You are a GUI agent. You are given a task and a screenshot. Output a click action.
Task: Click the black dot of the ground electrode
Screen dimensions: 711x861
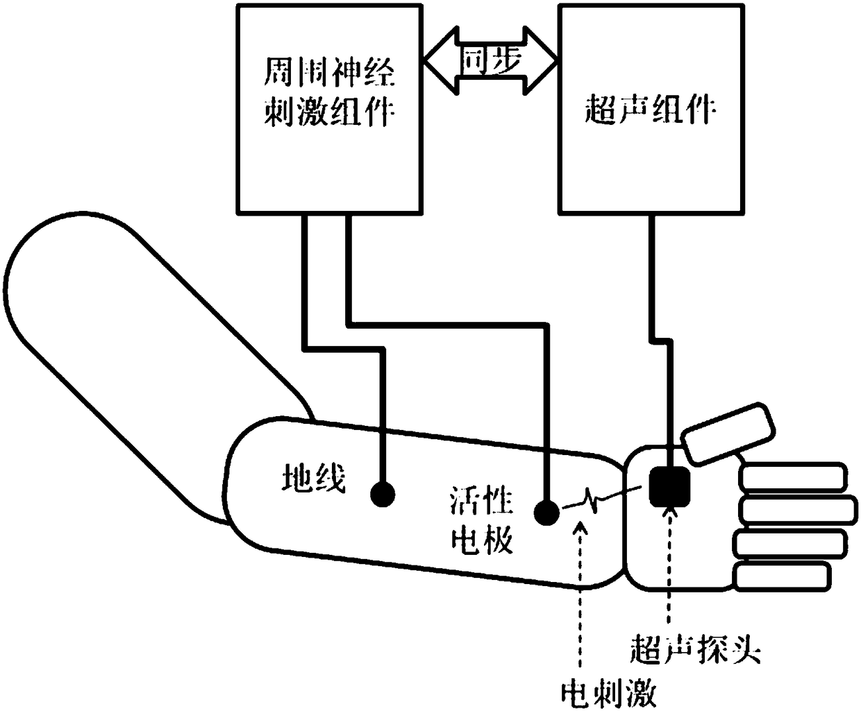(383, 494)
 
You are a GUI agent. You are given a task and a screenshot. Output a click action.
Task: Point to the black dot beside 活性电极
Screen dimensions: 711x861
(546, 513)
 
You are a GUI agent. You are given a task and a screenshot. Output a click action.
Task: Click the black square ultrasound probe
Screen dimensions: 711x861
(669, 486)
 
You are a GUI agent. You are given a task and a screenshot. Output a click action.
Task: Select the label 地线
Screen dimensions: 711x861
(313, 478)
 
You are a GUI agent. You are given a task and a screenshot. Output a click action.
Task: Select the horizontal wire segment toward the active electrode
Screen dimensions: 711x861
(444, 323)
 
